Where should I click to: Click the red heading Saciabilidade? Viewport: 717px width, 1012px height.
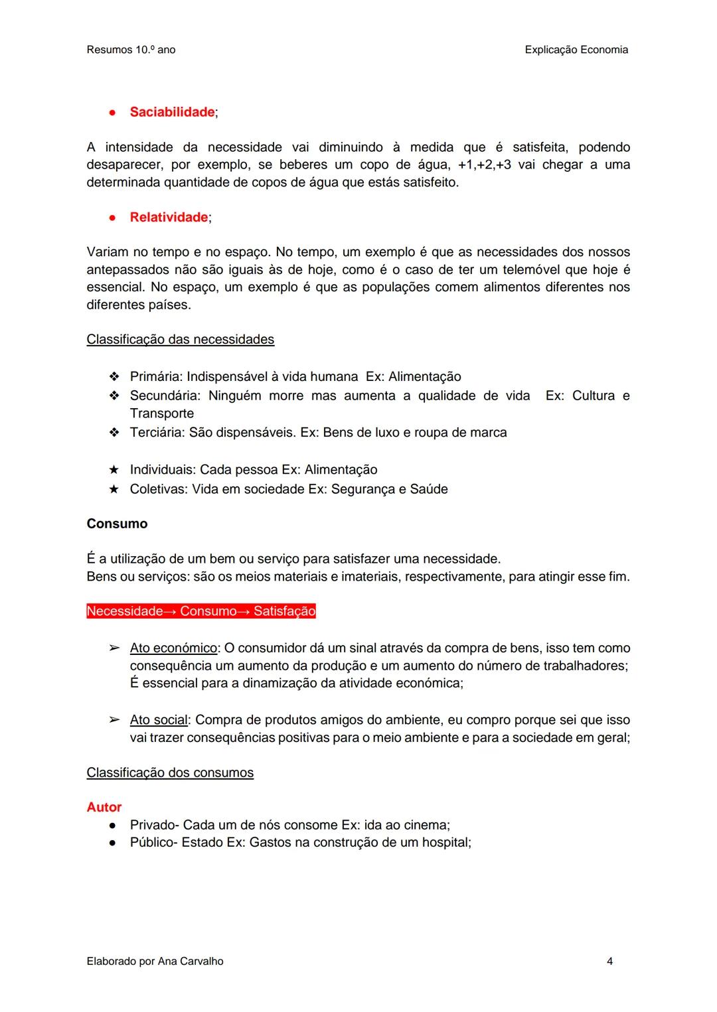click(x=172, y=112)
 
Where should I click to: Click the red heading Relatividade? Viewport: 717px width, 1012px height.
click(x=169, y=218)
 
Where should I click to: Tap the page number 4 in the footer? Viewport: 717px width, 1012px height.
click(x=609, y=961)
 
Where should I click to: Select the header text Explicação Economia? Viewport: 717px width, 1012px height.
click(x=576, y=50)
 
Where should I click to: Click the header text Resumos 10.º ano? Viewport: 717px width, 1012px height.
click(x=131, y=50)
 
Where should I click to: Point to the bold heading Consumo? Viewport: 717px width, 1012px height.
click(x=117, y=524)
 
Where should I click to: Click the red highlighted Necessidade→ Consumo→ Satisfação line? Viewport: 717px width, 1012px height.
click(x=201, y=611)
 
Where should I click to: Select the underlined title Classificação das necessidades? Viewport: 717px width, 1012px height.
click(x=180, y=340)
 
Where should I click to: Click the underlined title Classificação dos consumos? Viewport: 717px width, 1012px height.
click(x=170, y=773)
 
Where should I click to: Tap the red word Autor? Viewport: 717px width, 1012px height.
click(x=104, y=808)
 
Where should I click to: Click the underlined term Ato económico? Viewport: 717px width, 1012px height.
click(x=173, y=648)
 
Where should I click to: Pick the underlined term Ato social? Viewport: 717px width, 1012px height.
click(x=159, y=720)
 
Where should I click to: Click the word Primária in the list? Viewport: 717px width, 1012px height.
click(x=155, y=377)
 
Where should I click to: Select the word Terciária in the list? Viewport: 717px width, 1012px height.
click(x=156, y=433)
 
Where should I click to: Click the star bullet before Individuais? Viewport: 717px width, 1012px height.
click(x=114, y=470)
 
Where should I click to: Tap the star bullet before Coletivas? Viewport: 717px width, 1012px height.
click(x=114, y=489)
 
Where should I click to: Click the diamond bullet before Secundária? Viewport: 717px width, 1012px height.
click(x=114, y=396)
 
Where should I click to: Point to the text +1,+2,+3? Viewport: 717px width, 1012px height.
click(x=485, y=165)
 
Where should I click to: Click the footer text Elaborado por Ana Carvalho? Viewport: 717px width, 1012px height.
click(x=155, y=961)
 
